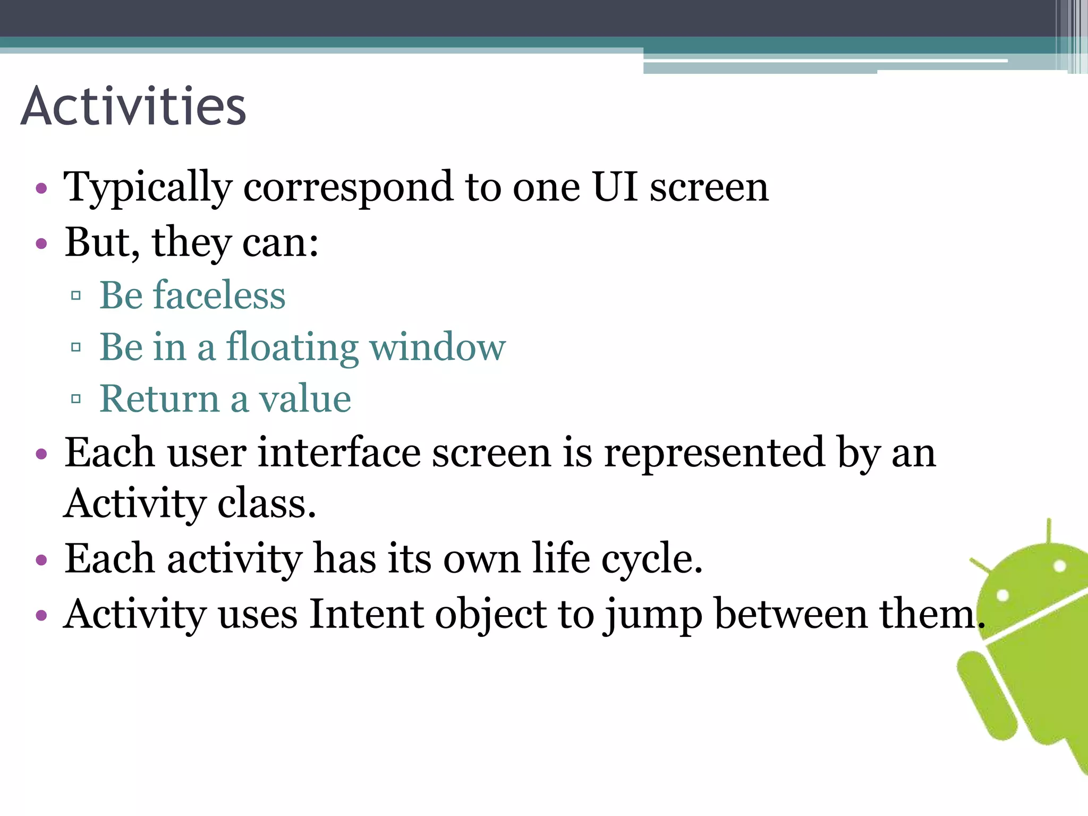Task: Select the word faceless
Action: pyautogui.click(x=219, y=295)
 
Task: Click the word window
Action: pyautogui.click(x=437, y=347)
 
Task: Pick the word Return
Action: pyautogui.click(x=159, y=398)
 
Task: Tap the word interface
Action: pyautogui.click(x=339, y=453)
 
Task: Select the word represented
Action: pyautogui.click(x=715, y=453)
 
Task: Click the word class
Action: pyautogui.click(x=266, y=504)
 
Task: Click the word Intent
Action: pyautogui.click(x=367, y=614)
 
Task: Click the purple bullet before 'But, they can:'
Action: pyautogui.click(x=41, y=244)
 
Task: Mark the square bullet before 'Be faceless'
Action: pyautogui.click(x=75, y=295)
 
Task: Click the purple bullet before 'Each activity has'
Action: pyautogui.click(x=41, y=560)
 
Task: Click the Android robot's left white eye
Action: pyautogui.click(x=1002, y=595)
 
